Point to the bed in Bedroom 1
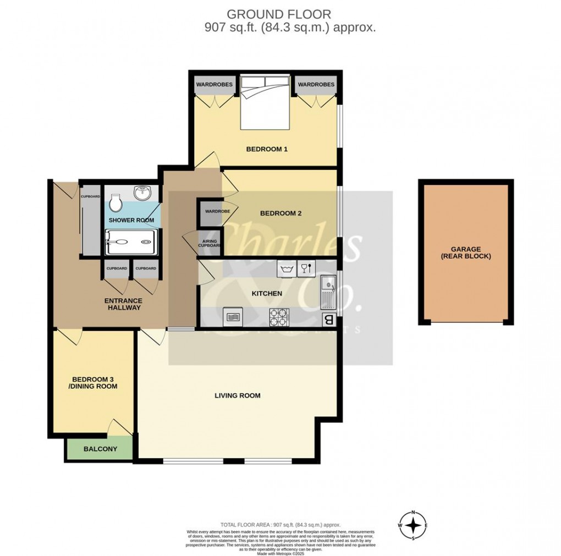pos(265,102)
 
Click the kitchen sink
pos(328,291)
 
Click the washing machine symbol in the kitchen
pos(286,268)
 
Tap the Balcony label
pos(100,449)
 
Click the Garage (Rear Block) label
pos(465,253)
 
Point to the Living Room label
pos(238,395)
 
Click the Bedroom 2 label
pos(281,213)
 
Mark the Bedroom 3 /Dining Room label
pos(95,383)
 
